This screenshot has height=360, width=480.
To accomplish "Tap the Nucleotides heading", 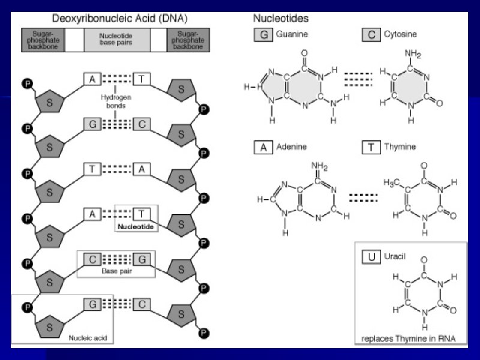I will pyautogui.click(x=280, y=19).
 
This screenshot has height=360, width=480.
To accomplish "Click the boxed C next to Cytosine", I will pyautogui.click(x=371, y=35).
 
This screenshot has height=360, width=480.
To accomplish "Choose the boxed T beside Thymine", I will pyautogui.click(x=371, y=147).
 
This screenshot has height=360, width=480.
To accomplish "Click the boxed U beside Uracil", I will pyautogui.click(x=371, y=256).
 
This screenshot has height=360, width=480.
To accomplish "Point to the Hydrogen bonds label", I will pyautogui.click(x=116, y=100).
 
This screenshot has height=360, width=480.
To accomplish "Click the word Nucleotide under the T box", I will pyautogui.click(x=136, y=227).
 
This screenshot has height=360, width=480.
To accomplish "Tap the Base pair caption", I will pyautogui.click(x=116, y=271).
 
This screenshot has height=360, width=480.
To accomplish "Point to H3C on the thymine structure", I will pyautogui.click(x=392, y=182).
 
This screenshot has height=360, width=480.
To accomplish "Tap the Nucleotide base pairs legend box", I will pyautogui.click(x=116, y=40).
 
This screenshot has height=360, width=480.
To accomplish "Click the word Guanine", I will pyautogui.click(x=292, y=35).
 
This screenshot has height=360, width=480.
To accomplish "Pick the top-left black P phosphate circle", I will pyautogui.click(x=26, y=83).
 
